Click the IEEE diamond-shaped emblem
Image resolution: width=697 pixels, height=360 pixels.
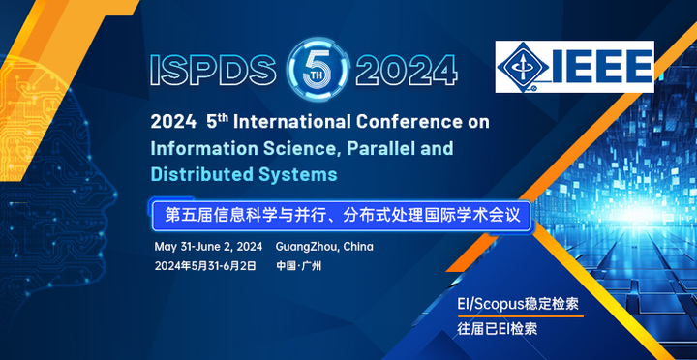524,67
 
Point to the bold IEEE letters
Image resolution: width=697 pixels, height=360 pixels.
602,66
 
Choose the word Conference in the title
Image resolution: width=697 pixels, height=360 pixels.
419,122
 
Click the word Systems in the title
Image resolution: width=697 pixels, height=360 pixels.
295,174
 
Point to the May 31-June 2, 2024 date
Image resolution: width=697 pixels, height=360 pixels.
208,246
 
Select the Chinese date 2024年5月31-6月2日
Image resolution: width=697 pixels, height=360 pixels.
205,266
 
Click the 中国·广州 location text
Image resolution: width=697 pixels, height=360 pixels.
299,266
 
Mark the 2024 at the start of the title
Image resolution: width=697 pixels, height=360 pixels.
172,122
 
